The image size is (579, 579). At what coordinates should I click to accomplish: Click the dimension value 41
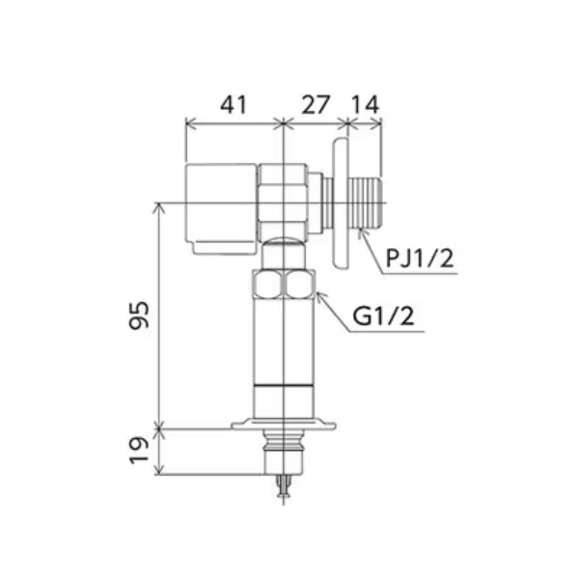[x=233, y=104]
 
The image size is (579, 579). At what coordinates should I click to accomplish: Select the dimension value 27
[x=315, y=104]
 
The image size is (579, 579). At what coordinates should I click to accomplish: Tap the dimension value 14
[x=365, y=104]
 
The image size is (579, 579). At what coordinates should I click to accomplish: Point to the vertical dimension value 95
[x=139, y=315]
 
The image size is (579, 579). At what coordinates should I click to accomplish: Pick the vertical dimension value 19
[x=139, y=450]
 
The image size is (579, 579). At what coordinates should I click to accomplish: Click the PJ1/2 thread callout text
[x=420, y=258]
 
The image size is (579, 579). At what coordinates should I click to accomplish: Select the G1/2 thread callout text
[x=383, y=317]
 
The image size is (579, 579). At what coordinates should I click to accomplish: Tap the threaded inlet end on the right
[x=365, y=203]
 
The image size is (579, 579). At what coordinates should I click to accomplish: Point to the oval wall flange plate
[x=340, y=203]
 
